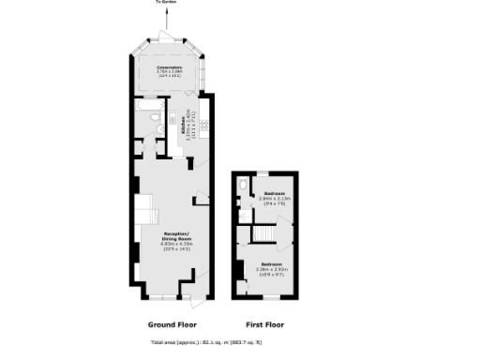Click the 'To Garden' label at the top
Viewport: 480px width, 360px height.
pyautogui.click(x=165, y=4)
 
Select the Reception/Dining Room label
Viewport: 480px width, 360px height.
pyautogui.click(x=177, y=234)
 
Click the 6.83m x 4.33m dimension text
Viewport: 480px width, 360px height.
pyautogui.click(x=177, y=244)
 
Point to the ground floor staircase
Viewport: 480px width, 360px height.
pyautogui.click(x=145, y=212)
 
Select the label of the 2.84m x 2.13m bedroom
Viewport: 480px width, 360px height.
pyautogui.click(x=276, y=194)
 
